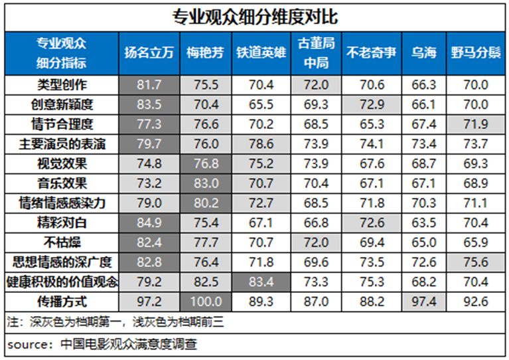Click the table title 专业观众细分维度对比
[255, 15]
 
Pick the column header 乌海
[423, 53]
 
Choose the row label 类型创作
[62, 84]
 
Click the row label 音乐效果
[62, 183]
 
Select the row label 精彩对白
[62, 223]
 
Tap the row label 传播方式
[62, 301]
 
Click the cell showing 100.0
[205, 302]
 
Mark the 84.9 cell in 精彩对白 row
[149, 223]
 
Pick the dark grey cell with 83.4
[259, 282]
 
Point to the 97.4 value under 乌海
[423, 302]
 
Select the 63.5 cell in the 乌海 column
[423, 223]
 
